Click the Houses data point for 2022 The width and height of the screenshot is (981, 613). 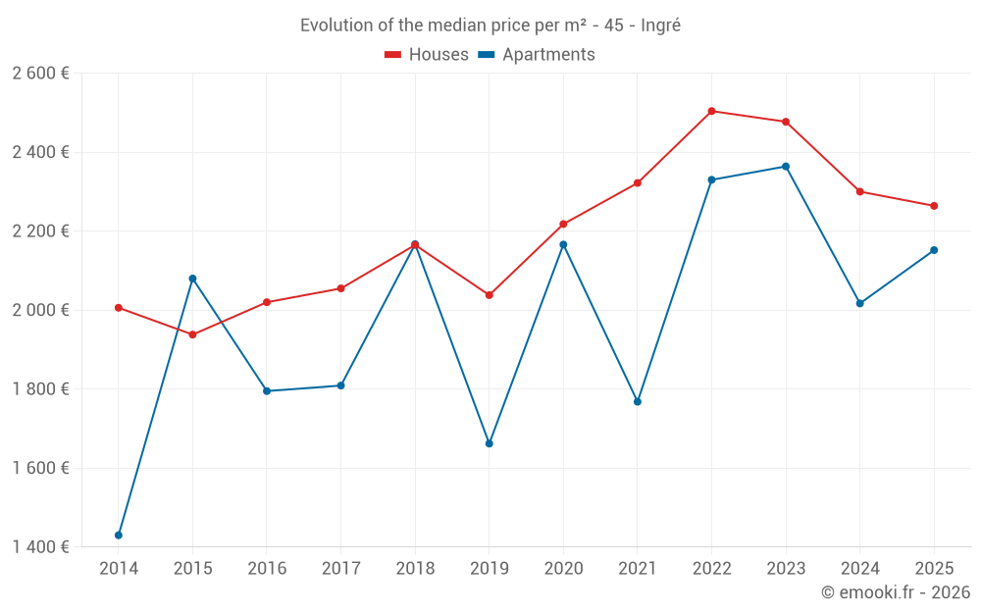click(711, 111)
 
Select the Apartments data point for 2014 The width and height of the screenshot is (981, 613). click(119, 535)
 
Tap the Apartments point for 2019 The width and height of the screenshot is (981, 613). click(490, 443)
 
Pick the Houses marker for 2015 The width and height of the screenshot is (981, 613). click(192, 334)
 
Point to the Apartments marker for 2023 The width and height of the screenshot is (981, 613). click(786, 167)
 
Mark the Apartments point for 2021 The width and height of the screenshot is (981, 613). click(638, 401)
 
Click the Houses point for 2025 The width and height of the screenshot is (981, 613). click(934, 206)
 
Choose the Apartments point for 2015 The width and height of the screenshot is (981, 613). click(192, 279)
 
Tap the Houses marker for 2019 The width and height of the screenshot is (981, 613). click(490, 295)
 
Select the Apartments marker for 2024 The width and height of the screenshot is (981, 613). click(860, 303)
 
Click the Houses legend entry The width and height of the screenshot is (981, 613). click(427, 55)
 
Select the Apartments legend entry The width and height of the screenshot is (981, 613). click(537, 55)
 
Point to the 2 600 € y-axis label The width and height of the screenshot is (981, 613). click(40, 74)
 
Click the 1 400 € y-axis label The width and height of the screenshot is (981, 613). click(40, 546)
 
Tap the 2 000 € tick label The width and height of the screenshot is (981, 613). click(40, 310)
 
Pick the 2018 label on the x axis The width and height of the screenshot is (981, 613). click(415, 568)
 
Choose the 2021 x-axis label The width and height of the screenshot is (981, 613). click(638, 568)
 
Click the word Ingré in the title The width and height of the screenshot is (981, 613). click(660, 26)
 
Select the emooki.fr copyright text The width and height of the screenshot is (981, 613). click(895, 592)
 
